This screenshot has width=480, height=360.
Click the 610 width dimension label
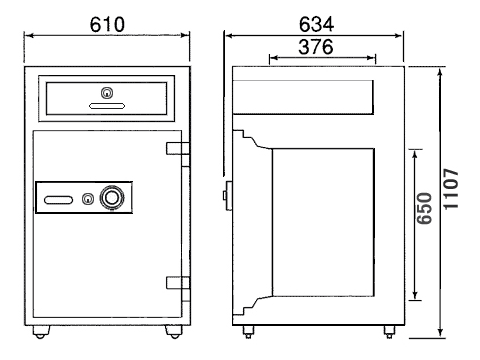pyautogui.click(x=107, y=24)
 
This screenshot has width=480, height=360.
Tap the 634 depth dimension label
pyautogui.click(x=316, y=24)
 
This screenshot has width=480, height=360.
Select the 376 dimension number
pyautogui.click(x=316, y=47)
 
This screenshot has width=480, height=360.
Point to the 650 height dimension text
pyautogui.click(x=425, y=208)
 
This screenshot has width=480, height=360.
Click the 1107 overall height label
pyautogui.click(x=451, y=189)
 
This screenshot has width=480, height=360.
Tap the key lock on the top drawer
pyautogui.click(x=107, y=93)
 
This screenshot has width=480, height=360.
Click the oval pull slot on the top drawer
pyautogui.click(x=107, y=106)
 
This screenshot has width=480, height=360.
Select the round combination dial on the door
pyautogui.click(x=113, y=198)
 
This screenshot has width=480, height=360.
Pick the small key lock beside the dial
pyautogui.click(x=88, y=199)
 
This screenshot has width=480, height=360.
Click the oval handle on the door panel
pyautogui.click(x=58, y=200)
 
